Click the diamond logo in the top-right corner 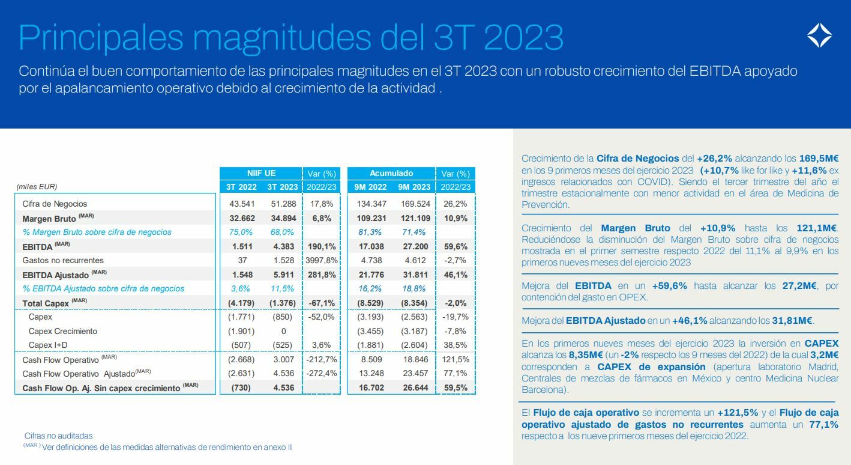819,35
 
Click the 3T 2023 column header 282,187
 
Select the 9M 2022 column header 370,187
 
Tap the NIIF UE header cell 261,173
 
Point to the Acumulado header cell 391,173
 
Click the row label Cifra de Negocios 55,204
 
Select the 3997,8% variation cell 322,260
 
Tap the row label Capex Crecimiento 62,331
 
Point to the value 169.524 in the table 413,204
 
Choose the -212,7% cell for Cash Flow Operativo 322,359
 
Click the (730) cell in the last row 242,387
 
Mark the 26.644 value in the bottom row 413,387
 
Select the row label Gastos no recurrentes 63,260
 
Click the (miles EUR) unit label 37,187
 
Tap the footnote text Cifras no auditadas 59,436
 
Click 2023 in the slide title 523,37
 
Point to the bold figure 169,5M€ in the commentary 819,159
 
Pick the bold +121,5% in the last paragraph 738,413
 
